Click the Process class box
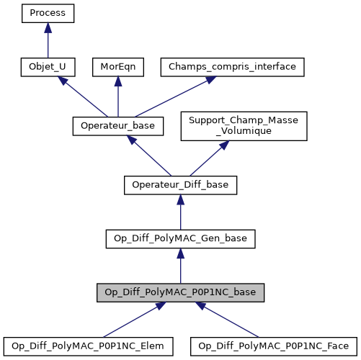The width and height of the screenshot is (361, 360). (x=48, y=14)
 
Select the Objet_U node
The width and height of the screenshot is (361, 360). (x=48, y=67)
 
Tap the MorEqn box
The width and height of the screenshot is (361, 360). (x=118, y=67)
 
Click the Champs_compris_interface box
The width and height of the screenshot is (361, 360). (x=232, y=67)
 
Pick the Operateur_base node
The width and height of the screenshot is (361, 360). (x=118, y=126)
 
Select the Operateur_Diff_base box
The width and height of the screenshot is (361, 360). (x=180, y=185)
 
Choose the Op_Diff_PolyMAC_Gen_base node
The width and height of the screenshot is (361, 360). (x=180, y=238)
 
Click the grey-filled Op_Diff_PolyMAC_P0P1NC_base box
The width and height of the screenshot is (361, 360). (x=180, y=292)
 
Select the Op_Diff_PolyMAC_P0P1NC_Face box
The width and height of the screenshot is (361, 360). (x=274, y=346)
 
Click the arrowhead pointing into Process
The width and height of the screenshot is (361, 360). (x=48, y=27)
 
